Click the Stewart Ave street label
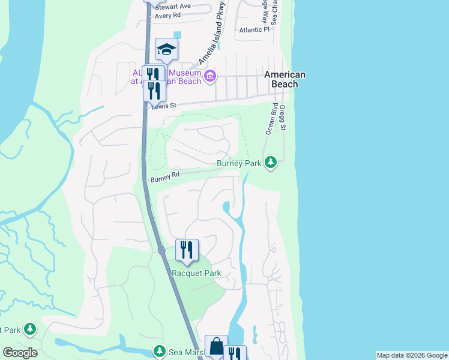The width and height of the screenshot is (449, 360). click(172, 7)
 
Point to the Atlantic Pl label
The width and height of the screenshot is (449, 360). click(254, 29)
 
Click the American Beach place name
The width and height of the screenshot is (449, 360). click(285, 79)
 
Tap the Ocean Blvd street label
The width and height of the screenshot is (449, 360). click(268, 119)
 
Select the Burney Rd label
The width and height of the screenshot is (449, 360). click(165, 177)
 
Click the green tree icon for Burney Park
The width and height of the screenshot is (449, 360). click(271, 162)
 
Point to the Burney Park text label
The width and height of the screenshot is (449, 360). click(239, 163)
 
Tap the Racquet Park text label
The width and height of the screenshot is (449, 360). click(196, 274)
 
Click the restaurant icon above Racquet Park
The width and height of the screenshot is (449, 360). click(187, 248)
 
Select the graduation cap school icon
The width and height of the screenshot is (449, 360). click(166, 49)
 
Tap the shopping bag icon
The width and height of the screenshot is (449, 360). click(216, 346)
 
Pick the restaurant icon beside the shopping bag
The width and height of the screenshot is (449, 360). click(235, 354)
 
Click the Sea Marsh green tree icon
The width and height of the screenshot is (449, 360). click(159, 350)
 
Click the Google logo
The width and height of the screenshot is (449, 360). click(19, 353)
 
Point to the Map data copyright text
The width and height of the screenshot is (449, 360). click(412, 355)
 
